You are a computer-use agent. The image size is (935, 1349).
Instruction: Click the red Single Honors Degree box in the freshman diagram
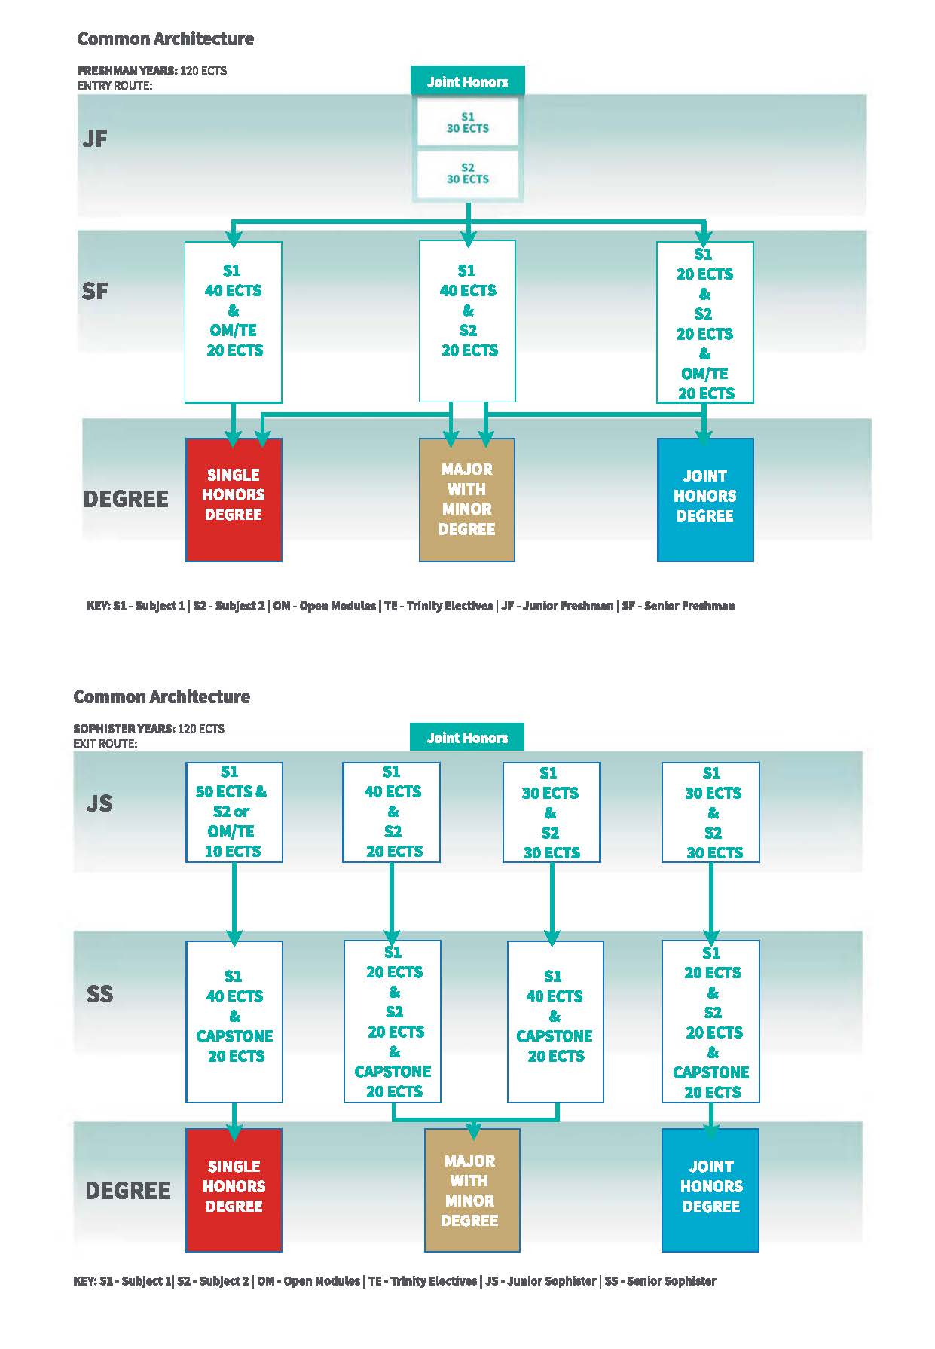point(234,500)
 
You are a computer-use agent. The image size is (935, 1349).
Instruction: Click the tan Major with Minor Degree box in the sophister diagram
point(472,1190)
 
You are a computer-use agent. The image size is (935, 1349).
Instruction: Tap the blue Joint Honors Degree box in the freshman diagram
point(705,500)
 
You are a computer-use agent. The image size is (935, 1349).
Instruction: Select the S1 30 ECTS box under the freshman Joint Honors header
point(468,122)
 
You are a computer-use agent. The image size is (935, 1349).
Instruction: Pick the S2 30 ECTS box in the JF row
point(468,173)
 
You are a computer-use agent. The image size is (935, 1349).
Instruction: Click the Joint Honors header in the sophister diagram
point(467,738)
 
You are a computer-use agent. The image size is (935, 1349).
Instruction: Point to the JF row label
point(95,139)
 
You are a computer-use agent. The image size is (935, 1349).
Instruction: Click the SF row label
point(95,291)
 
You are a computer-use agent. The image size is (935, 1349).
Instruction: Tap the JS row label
point(99,803)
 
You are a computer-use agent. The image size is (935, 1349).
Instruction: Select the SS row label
point(99,994)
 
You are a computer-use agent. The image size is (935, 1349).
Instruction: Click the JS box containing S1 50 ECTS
point(234,812)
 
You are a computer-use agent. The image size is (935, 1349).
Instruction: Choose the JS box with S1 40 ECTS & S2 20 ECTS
point(392,812)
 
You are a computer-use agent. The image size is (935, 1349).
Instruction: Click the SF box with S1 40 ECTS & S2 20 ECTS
point(467,322)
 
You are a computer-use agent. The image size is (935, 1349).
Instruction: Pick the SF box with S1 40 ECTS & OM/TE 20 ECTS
point(234,322)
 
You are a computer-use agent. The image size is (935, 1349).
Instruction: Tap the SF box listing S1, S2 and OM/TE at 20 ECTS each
point(705,322)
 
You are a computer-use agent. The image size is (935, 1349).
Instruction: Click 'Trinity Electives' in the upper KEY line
point(450,606)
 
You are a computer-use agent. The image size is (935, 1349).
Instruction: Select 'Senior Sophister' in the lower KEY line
point(671,1280)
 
